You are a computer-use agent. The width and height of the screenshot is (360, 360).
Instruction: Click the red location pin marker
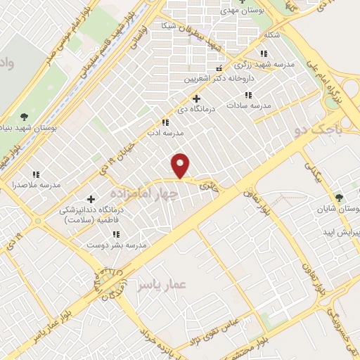[x=181, y=165]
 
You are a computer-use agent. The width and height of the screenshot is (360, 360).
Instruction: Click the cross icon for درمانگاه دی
[x=197, y=98]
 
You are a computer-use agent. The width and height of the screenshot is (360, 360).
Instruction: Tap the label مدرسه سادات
[x=248, y=106]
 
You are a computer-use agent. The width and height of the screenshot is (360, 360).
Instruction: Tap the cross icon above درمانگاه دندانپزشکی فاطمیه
[x=90, y=199]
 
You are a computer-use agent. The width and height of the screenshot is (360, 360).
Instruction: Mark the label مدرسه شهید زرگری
[x=263, y=64]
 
